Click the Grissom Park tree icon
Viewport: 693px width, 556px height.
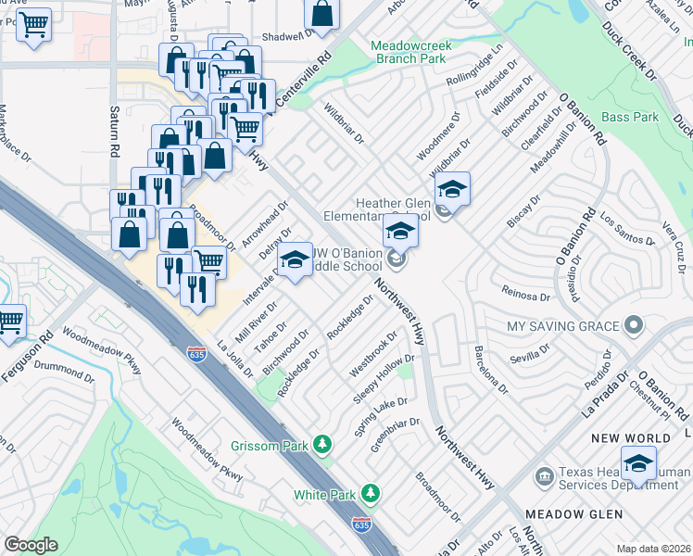coord(322,446)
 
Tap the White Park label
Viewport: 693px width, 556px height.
coord(325,495)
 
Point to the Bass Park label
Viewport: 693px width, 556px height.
coord(630,118)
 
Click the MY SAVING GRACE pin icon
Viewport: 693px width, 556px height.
coord(634,325)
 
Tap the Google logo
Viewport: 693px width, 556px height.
coord(31,544)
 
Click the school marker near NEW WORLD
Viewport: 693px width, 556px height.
coord(638,464)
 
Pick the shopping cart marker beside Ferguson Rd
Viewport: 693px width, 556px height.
coord(10,322)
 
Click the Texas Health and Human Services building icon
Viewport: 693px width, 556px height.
coord(544,476)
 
